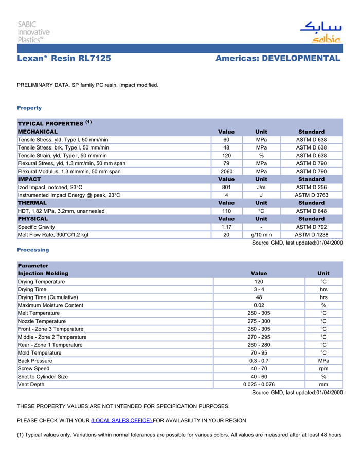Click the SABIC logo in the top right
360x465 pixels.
[320, 32]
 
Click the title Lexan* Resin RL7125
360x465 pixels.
[64, 59]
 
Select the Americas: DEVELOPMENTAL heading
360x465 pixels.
[278, 59]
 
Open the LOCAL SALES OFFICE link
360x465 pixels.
[121, 420]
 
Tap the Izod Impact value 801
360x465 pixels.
[226, 188]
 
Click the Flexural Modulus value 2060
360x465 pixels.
[226, 172]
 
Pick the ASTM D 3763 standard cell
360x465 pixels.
[311, 195]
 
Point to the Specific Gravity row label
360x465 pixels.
[37, 227]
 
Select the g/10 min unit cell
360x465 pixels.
[261, 235]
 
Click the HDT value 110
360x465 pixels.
[226, 211]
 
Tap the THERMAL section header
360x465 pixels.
[32, 203]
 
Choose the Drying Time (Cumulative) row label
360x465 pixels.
[48, 297]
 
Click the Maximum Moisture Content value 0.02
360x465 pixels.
[259, 305]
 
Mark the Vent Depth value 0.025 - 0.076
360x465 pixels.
[259, 384]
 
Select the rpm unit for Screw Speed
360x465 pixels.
[323, 368]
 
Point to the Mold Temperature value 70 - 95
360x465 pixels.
[259, 353]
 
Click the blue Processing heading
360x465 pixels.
[33, 250]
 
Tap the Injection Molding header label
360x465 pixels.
[43, 273]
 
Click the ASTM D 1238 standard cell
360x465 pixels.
[311, 235]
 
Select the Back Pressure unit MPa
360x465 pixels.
[323, 361]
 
